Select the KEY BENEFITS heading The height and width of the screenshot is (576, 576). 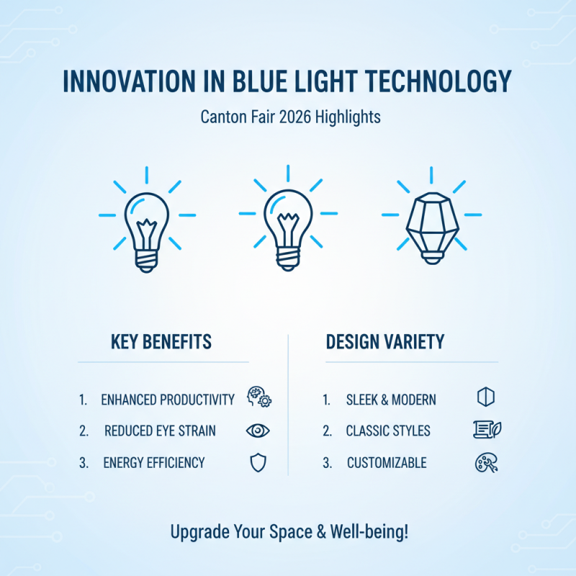[x=161, y=341]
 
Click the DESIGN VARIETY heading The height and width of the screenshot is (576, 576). [x=384, y=341]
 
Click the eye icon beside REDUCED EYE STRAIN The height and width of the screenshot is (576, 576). [x=258, y=431]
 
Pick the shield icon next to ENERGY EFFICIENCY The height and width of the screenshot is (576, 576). [x=258, y=462]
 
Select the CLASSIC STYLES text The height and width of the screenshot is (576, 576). [x=387, y=431]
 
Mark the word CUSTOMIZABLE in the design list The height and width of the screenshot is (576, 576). [x=386, y=463]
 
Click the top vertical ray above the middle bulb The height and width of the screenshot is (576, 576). [x=288, y=174]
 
